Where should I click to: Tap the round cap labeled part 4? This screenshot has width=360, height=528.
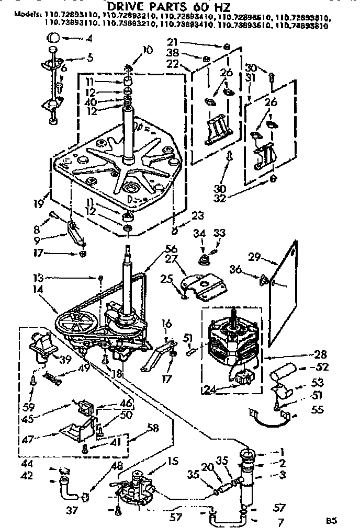[53, 38]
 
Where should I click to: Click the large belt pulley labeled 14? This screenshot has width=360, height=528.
[78, 322]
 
